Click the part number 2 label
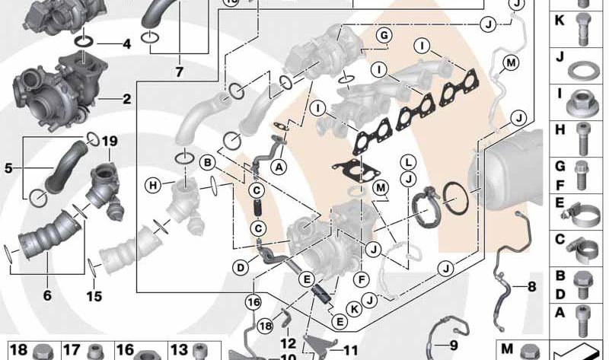[x=126, y=99]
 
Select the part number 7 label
[x=179, y=73]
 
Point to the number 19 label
[x=110, y=141]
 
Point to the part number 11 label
[x=350, y=352]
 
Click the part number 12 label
[x=287, y=343]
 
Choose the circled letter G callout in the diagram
[x=384, y=36]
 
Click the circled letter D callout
[x=241, y=267]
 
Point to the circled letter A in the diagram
[x=279, y=165]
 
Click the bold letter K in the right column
[x=559, y=23]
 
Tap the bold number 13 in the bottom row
[x=178, y=349]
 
